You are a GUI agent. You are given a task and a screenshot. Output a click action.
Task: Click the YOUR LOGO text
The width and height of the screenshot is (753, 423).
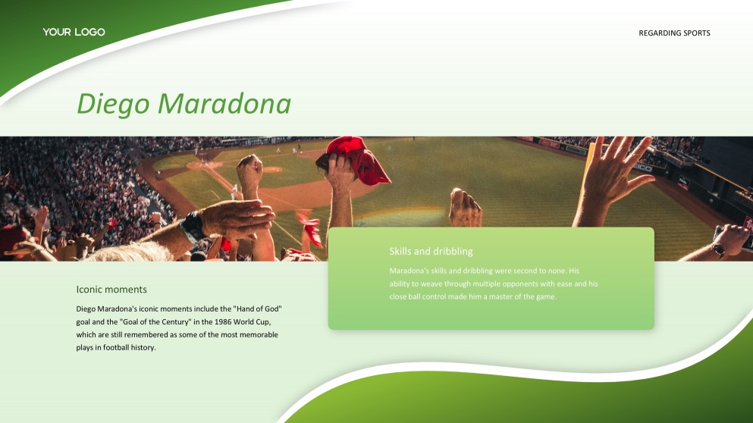pyautogui.click(x=74, y=32)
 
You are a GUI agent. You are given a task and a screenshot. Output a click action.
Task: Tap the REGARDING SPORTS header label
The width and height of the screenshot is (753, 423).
pyautogui.click(x=674, y=33)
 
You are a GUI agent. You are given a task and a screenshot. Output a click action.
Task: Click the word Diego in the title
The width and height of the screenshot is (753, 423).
pyautogui.click(x=113, y=105)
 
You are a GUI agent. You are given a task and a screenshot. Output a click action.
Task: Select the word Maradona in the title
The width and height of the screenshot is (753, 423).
pyautogui.click(x=224, y=103)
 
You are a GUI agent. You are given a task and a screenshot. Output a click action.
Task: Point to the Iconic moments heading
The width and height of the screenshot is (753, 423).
pyautogui.click(x=111, y=290)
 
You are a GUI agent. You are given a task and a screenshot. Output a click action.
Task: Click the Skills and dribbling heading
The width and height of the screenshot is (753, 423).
pyautogui.click(x=431, y=251)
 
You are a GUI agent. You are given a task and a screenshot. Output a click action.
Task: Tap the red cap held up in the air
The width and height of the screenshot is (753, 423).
pyautogui.click(x=354, y=161)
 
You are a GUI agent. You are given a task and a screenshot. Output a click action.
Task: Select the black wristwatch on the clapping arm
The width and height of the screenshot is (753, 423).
pyautogui.click(x=193, y=227)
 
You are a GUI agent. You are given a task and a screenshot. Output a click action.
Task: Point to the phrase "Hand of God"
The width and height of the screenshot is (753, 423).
pyautogui.click(x=257, y=309)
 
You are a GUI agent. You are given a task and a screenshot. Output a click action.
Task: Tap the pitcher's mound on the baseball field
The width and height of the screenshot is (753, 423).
pyautogui.click(x=271, y=170)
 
